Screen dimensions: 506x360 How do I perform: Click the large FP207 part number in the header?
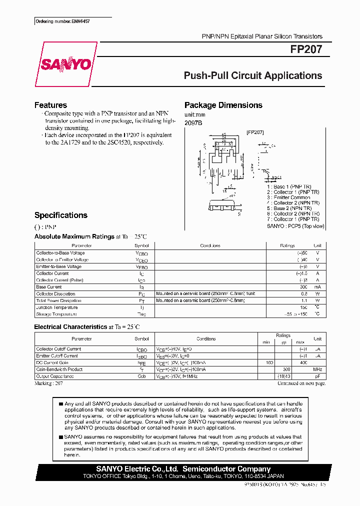point(306,49)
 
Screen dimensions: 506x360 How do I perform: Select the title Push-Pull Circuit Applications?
point(253,75)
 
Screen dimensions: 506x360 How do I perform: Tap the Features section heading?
point(50,105)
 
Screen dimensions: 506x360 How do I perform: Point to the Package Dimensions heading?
point(223,105)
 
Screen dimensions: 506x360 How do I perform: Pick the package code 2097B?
point(193,122)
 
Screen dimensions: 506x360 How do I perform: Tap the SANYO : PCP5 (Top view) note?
point(295,226)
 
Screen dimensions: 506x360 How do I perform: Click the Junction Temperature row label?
point(57,307)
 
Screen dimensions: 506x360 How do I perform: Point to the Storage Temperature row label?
point(56,314)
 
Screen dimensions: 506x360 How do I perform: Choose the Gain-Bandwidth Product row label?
point(59,369)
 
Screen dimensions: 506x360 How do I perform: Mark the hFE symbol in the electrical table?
point(141,362)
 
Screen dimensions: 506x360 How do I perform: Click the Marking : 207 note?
point(49,383)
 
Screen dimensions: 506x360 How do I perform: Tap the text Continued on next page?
point(301,383)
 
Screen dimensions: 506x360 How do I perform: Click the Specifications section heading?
point(61,215)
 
